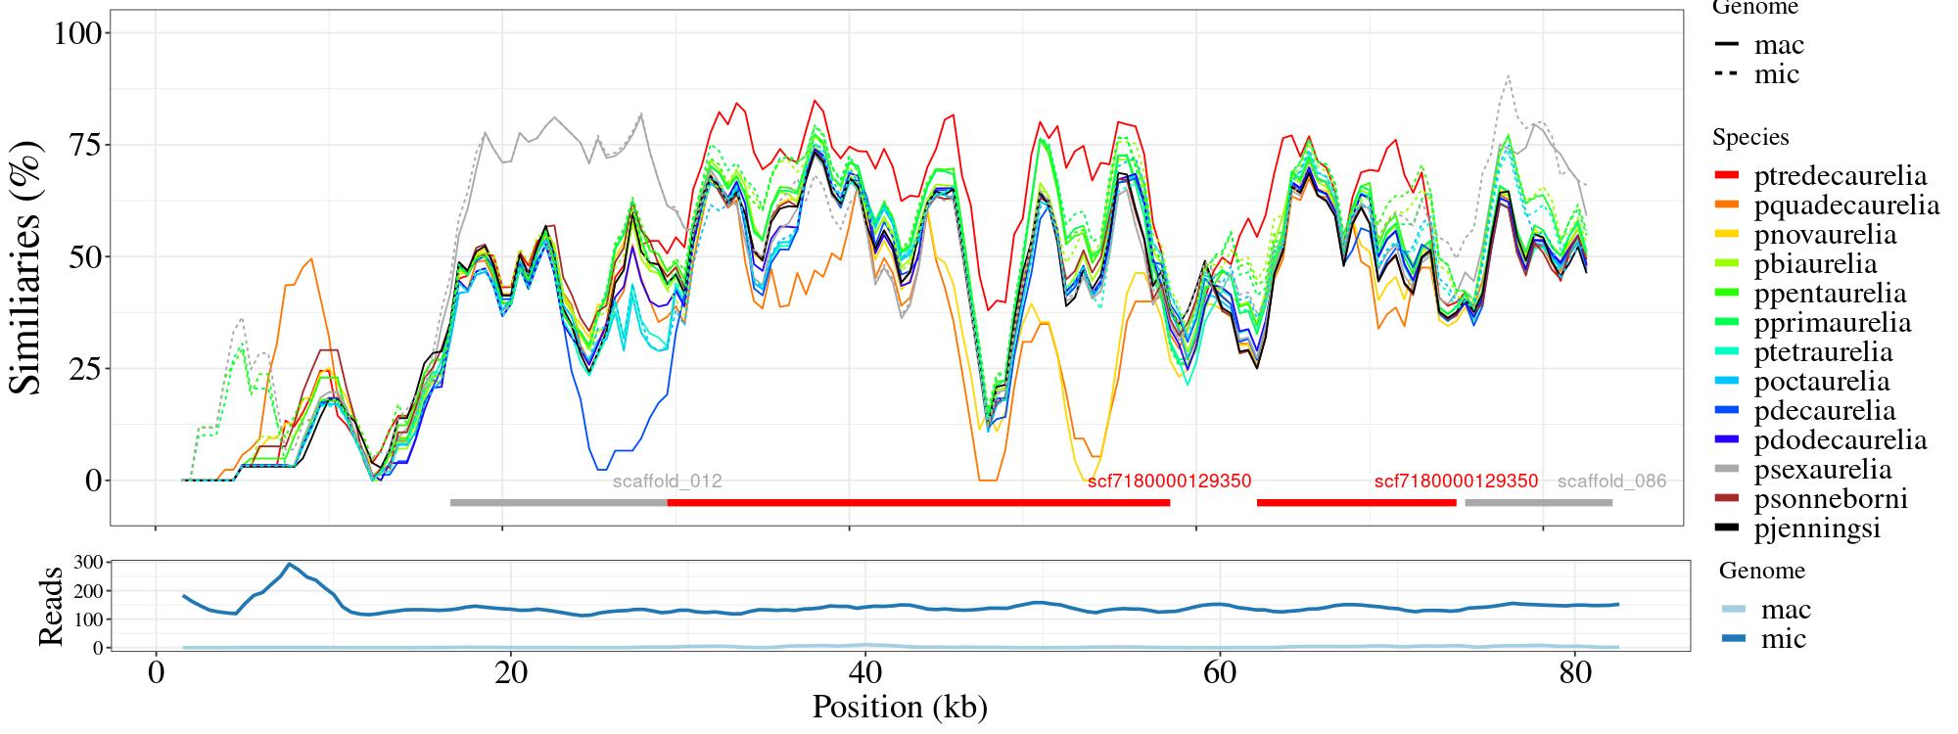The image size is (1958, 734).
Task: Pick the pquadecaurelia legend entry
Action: [x=1825, y=206]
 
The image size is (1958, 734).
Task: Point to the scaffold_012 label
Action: [x=667, y=482]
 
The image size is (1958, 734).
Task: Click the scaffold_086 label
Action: [x=1611, y=482]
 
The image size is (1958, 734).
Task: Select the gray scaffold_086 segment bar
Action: [x=1538, y=503]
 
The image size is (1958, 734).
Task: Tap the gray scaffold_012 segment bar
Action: [x=558, y=503]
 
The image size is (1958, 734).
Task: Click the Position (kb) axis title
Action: [x=899, y=707]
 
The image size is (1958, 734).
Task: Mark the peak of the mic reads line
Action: [x=289, y=564]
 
